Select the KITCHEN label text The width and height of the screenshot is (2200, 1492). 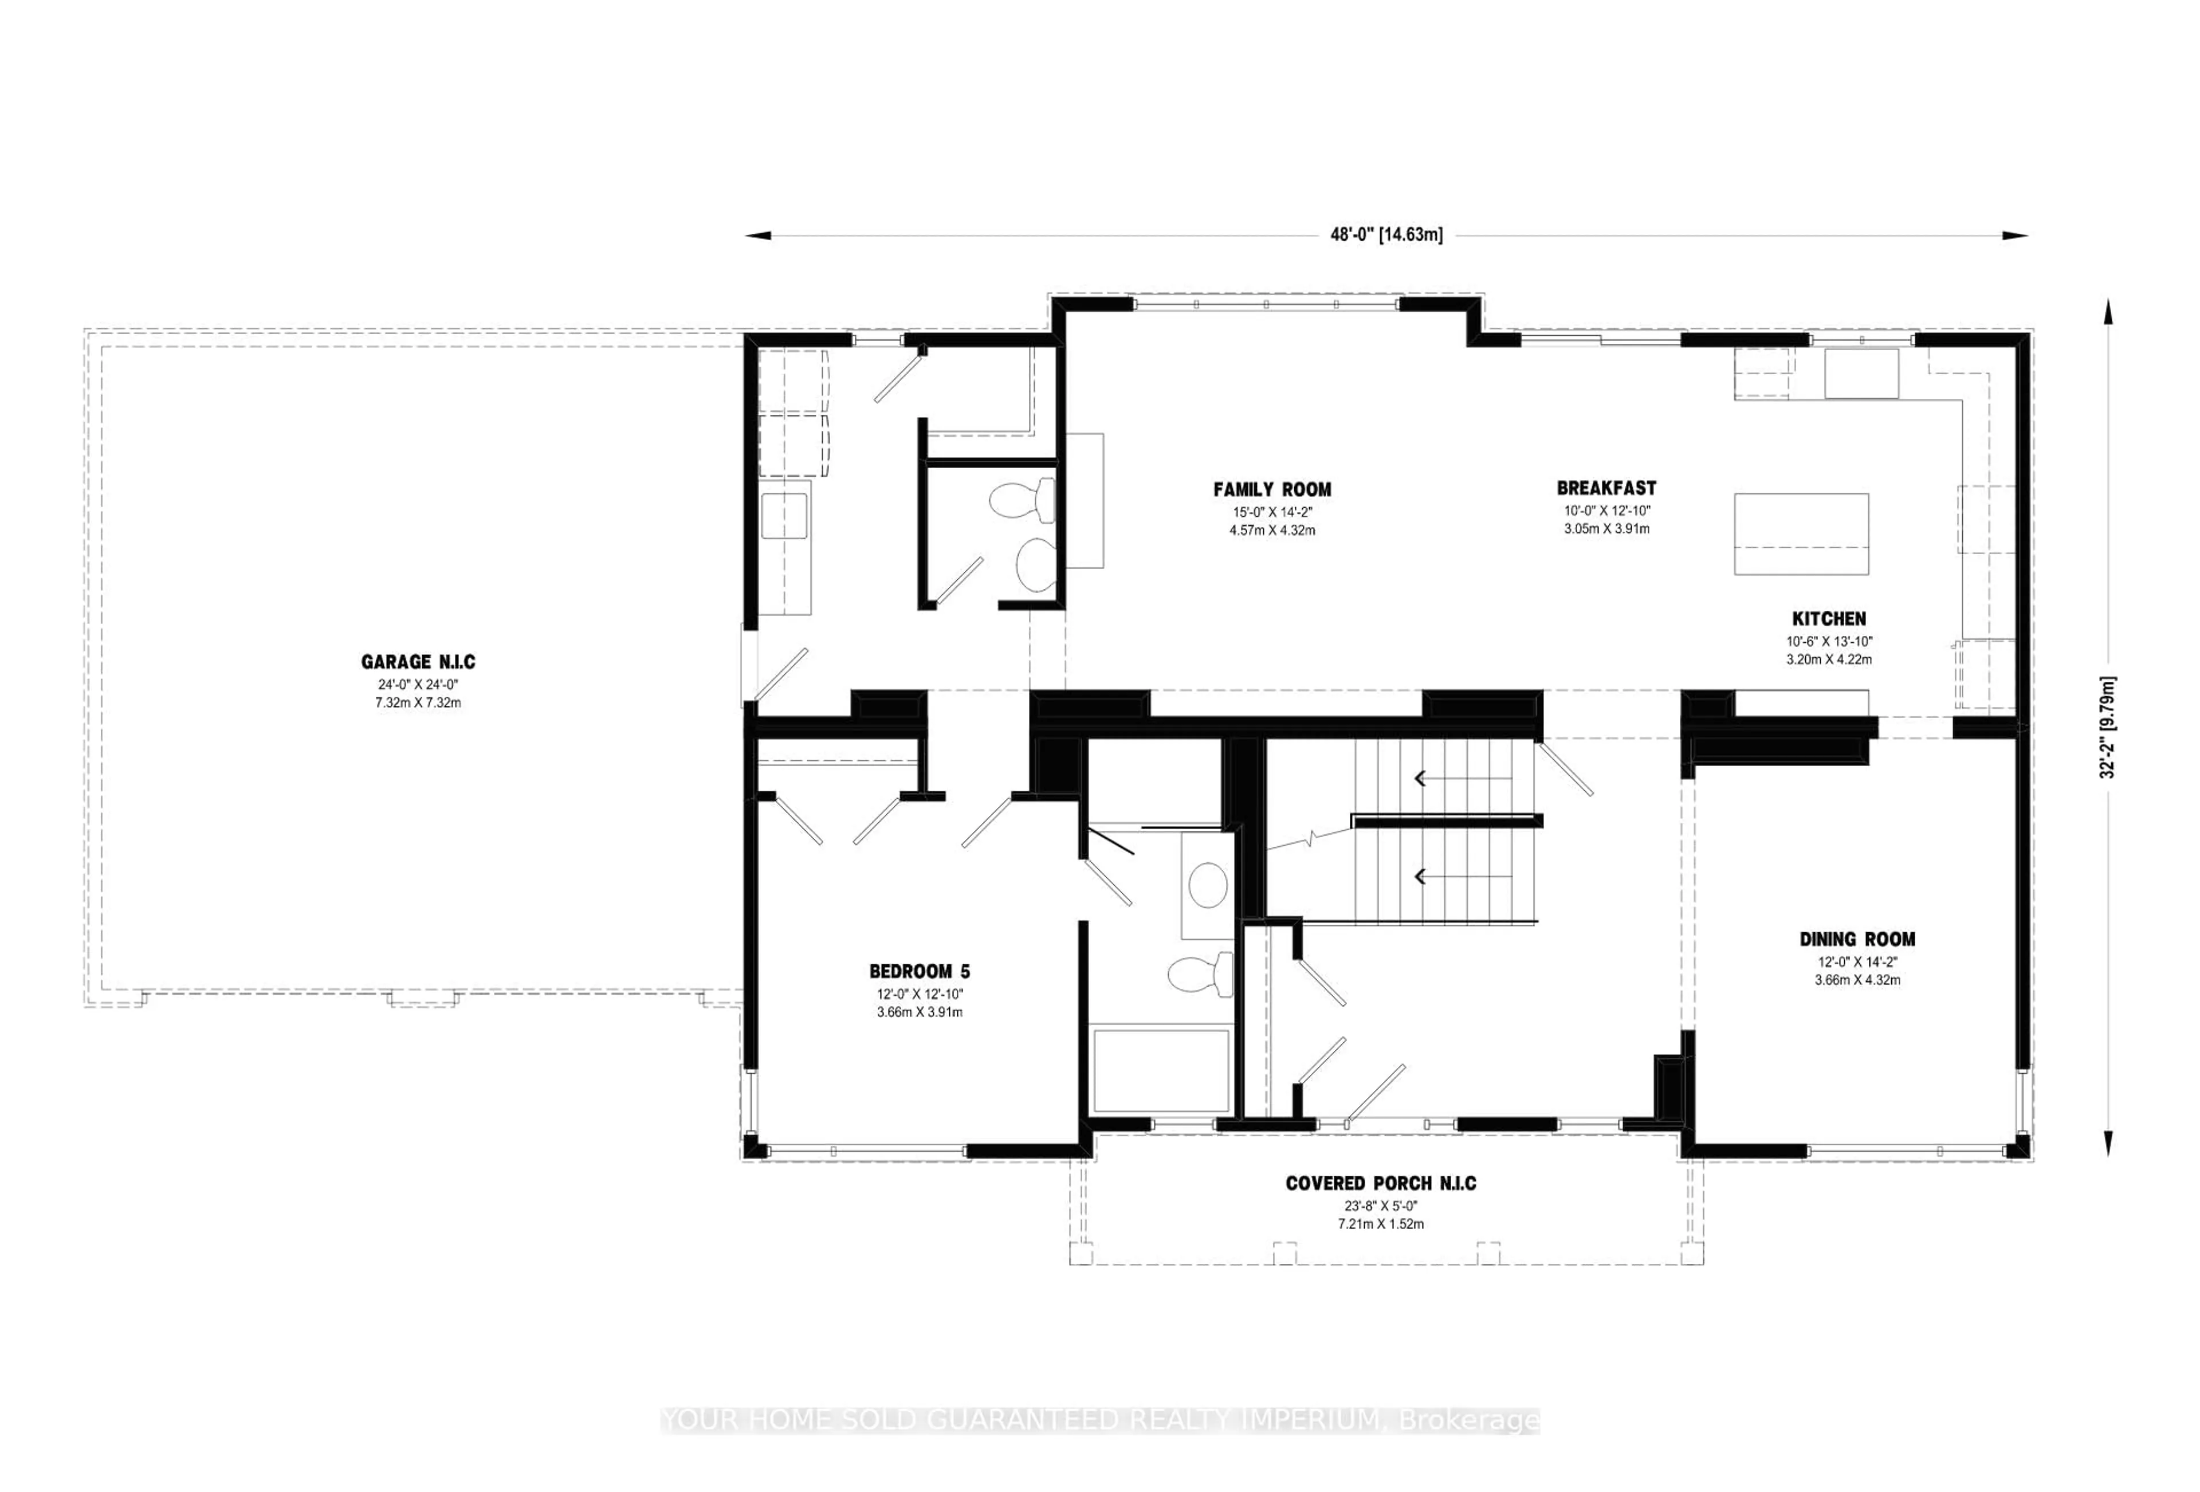1828,618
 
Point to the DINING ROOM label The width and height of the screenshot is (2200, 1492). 1856,939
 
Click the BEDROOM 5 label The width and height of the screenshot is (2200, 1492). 918,971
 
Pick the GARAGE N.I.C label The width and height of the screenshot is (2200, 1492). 418,662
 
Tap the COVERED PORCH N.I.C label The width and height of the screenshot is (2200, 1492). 1380,1183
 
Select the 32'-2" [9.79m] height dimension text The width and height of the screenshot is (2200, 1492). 2107,727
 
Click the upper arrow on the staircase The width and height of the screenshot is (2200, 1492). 1420,778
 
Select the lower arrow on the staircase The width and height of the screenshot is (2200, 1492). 1420,877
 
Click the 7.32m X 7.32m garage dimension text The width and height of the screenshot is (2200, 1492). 418,702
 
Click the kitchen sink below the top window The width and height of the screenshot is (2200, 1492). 1861,373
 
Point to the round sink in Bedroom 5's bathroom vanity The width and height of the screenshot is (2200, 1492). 1207,885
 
